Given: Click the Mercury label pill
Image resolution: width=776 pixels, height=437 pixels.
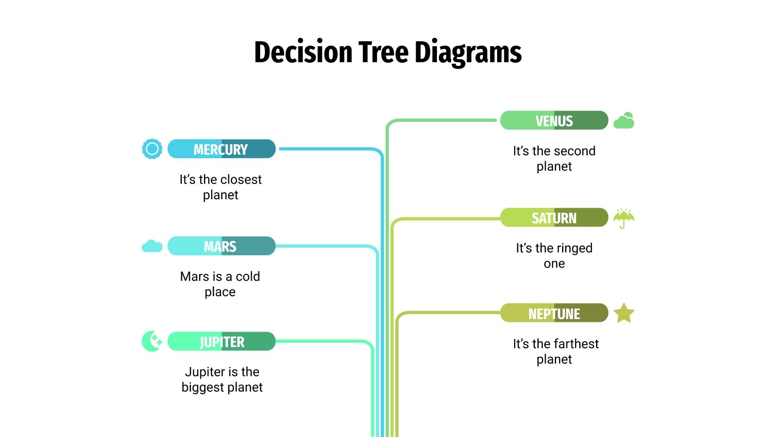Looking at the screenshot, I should click(221, 149).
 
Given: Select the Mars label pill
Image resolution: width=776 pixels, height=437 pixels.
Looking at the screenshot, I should click(221, 246).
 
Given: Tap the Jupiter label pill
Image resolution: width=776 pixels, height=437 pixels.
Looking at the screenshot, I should click(221, 341).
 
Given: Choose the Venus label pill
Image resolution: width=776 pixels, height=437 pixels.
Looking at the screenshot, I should click(554, 120).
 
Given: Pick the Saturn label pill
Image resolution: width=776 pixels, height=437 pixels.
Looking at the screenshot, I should click(554, 218).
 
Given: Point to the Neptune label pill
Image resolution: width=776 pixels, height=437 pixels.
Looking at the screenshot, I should click(554, 313).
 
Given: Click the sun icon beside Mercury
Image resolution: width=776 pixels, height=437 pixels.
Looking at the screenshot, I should click(152, 149).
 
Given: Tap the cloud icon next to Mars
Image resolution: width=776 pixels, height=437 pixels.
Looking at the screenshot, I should click(152, 246).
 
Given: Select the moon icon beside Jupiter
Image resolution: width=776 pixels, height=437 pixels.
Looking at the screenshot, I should click(152, 341).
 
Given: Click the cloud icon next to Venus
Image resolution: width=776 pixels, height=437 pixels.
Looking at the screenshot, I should click(624, 120).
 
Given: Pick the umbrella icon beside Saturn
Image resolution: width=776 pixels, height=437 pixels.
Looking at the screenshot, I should click(624, 218).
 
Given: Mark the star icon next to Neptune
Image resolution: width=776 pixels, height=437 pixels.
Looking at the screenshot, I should click(624, 313).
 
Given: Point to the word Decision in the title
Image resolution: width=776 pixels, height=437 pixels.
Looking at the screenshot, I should click(303, 52).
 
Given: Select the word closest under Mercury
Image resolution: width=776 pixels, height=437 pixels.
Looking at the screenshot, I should click(241, 180).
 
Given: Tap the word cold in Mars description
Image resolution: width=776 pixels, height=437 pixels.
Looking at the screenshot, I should click(248, 276).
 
